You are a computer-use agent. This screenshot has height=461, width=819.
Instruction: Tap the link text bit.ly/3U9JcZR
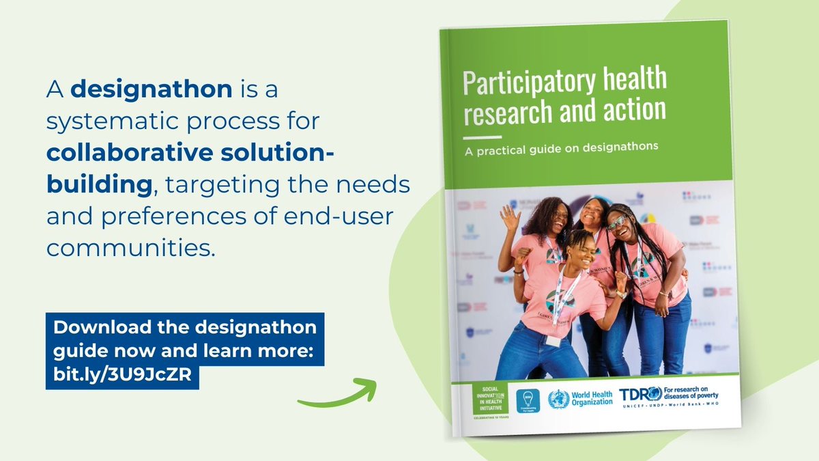point(122,375)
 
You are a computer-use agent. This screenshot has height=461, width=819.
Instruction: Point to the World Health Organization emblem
point(558,398)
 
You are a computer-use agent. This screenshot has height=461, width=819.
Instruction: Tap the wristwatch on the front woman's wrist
point(620,295)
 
